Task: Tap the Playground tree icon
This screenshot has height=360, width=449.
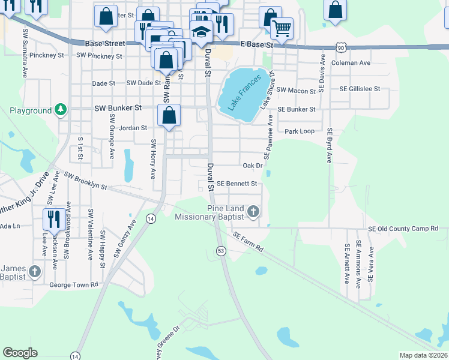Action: coord(60,110)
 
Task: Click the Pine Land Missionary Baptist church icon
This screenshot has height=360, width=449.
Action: coord(253,211)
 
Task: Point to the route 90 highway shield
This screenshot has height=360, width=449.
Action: coord(340,47)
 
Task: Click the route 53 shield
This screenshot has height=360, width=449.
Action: coord(221,251)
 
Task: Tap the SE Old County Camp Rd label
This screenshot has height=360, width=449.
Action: coord(403,229)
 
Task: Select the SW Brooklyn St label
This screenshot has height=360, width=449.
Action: coord(85,181)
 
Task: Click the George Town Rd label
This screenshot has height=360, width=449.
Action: coord(73,285)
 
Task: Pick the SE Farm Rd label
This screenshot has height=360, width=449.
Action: coord(249,245)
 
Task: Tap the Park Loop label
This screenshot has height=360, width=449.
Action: coord(299,131)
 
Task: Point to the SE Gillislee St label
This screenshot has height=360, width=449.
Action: coord(360,89)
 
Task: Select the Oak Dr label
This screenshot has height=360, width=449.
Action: coord(253,165)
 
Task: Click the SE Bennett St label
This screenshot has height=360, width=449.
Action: coord(237,184)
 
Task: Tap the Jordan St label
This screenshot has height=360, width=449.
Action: coord(133,128)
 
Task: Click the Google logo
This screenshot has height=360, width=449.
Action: coord(20,353)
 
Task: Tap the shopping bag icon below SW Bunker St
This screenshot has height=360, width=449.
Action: coord(169,114)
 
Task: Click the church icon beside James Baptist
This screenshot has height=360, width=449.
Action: coord(35,272)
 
